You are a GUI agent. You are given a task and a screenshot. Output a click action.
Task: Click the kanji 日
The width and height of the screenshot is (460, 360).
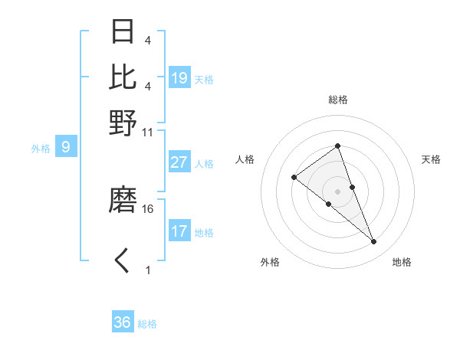pos(123,32)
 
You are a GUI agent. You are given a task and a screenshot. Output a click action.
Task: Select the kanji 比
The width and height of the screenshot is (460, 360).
pos(123,77)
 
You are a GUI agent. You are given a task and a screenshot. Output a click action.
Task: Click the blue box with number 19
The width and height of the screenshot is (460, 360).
pos(179,78)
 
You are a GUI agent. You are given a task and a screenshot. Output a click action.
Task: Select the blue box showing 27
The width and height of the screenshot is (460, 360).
pos(179,162)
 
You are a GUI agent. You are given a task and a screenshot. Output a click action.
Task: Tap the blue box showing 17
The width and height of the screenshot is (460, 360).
pos(179,231)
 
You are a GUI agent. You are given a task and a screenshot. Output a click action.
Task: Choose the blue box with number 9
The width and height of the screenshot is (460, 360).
pos(66,147)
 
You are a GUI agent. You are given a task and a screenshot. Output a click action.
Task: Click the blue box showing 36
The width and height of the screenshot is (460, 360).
pos(123,322)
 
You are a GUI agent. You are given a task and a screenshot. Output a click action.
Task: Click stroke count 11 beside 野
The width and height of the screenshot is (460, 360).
pos(148,132)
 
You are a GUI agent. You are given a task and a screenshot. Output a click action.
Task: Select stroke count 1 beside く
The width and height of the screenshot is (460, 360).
pos(148,270)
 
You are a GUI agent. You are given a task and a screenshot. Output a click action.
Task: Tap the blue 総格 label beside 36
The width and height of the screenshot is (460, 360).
pos(147,324)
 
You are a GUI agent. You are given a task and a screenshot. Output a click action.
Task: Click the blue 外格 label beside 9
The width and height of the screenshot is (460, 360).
pos(41,149)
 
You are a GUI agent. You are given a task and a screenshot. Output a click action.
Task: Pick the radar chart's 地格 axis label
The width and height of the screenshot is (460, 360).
pos(402,263)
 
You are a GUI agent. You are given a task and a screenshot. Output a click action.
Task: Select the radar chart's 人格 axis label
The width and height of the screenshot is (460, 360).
pos(245,159)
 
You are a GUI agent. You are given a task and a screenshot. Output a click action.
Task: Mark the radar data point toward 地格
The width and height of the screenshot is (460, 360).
pos(374,242)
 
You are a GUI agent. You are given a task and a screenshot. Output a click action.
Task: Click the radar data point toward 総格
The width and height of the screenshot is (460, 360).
pos(337,146)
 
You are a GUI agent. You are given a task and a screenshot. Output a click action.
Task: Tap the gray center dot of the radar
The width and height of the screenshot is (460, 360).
pos(337,191)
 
